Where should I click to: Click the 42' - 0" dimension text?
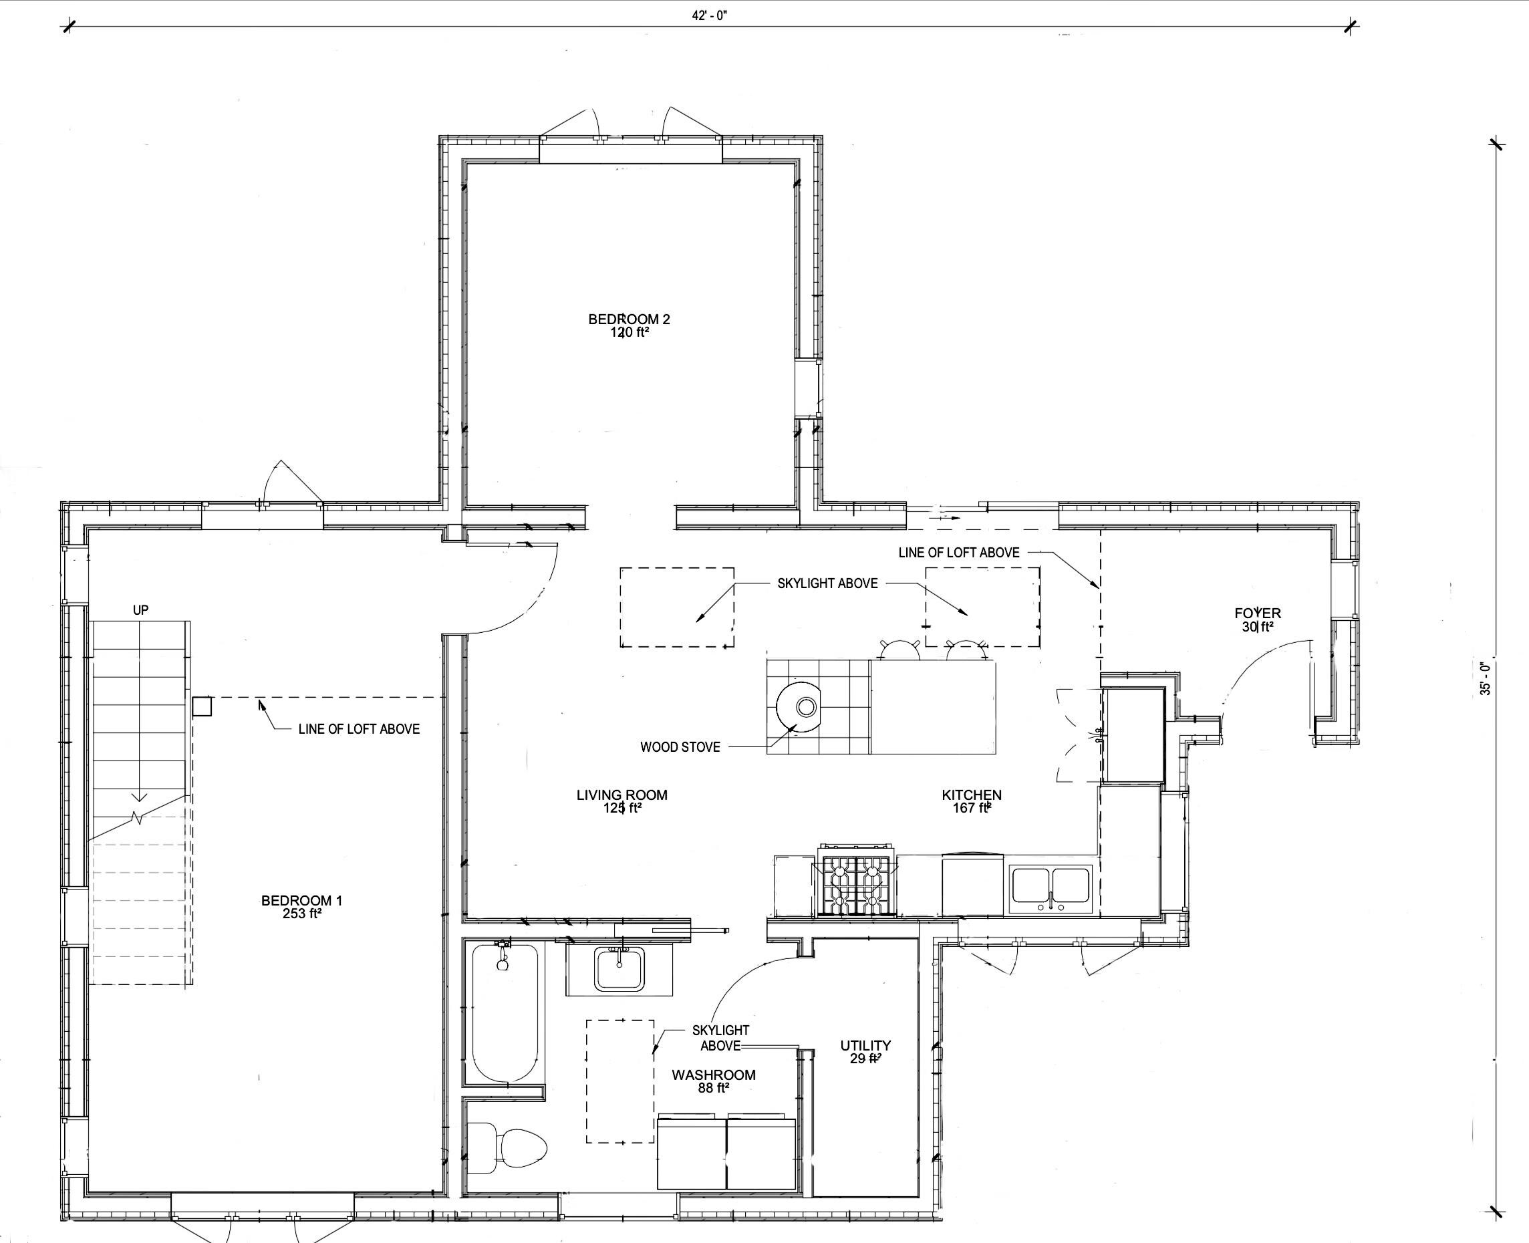coord(708,16)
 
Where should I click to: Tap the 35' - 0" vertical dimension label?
coord(1487,679)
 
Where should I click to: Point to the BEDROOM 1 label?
coord(301,901)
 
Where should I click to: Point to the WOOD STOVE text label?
coord(680,747)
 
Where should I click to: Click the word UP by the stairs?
coord(140,610)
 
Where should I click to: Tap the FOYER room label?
coord(1258,613)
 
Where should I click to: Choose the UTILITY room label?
coord(865,1045)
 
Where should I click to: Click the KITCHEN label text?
coord(972,795)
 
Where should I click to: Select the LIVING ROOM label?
coord(622,795)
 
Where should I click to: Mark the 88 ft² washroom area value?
coord(714,1088)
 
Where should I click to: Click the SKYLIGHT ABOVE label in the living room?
coord(827,583)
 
